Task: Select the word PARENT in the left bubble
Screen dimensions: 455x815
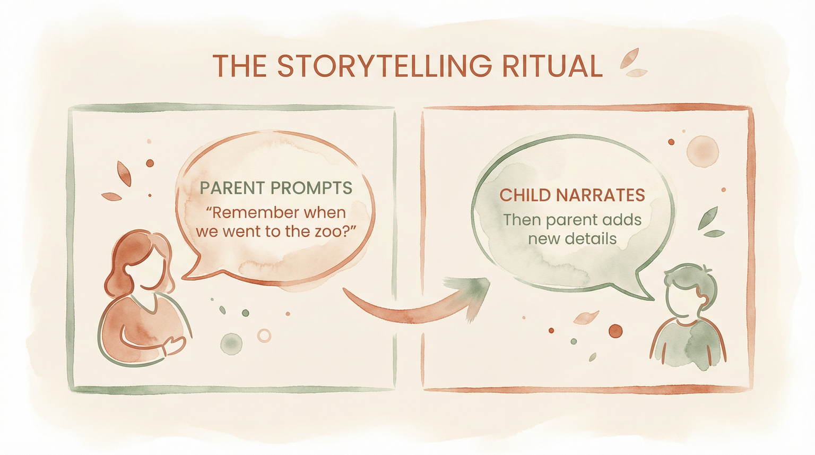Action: pos(232,188)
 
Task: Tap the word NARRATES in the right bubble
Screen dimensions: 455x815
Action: pos(601,195)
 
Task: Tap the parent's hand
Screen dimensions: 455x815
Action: pos(175,346)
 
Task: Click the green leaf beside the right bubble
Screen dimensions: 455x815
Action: pos(708,218)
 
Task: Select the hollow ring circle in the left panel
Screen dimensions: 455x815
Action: pos(264,335)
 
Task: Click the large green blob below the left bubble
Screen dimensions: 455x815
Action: pos(231,344)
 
